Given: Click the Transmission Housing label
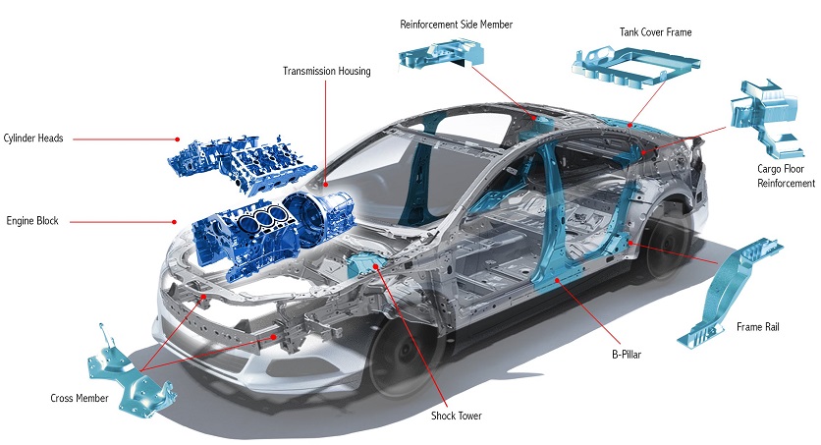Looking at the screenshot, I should click(x=326, y=72).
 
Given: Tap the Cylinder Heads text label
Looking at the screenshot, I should click(x=33, y=139).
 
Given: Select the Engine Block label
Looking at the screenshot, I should click(x=32, y=221).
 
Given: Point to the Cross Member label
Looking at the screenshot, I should click(x=79, y=398).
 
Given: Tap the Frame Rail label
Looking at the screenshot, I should click(x=757, y=327).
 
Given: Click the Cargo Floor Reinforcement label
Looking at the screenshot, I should click(x=785, y=176).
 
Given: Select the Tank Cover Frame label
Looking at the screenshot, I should click(x=655, y=32).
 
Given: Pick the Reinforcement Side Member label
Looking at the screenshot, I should click(x=457, y=24).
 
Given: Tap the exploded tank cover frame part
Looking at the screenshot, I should click(x=633, y=67).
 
